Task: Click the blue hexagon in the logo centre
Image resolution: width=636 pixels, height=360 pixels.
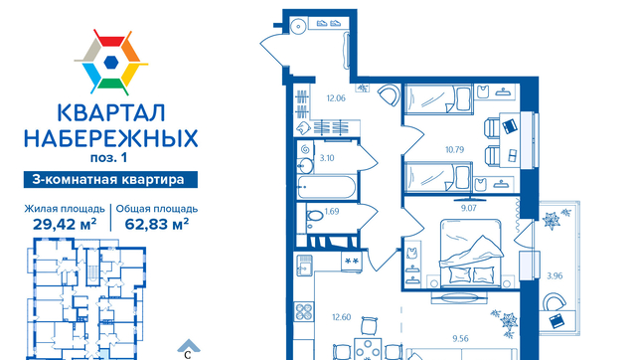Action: click(x=110, y=62)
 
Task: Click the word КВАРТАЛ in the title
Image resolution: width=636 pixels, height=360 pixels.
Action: click(x=111, y=113)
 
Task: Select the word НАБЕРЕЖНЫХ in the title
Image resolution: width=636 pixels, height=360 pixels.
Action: click(x=111, y=138)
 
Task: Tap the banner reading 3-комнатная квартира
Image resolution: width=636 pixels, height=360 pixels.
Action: click(x=110, y=179)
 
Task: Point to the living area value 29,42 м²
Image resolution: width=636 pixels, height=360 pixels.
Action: click(x=65, y=224)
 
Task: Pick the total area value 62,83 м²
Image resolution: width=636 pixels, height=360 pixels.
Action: click(x=157, y=224)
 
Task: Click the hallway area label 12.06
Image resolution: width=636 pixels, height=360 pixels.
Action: click(x=336, y=98)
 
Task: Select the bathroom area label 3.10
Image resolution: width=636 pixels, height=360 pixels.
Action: click(x=327, y=158)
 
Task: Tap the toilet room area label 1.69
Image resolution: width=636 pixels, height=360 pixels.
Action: click(x=332, y=212)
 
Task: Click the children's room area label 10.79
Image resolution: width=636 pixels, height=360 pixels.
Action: click(x=454, y=150)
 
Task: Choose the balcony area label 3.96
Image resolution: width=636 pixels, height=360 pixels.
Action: click(x=555, y=276)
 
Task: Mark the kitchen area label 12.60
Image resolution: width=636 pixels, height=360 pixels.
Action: click(x=341, y=317)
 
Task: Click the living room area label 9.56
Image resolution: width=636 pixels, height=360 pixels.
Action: click(x=460, y=338)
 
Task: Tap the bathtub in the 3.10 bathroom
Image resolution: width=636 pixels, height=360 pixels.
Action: click(x=327, y=187)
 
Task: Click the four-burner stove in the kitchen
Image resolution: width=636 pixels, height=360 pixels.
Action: click(x=304, y=311)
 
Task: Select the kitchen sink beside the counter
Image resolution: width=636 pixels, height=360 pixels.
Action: click(x=304, y=265)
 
